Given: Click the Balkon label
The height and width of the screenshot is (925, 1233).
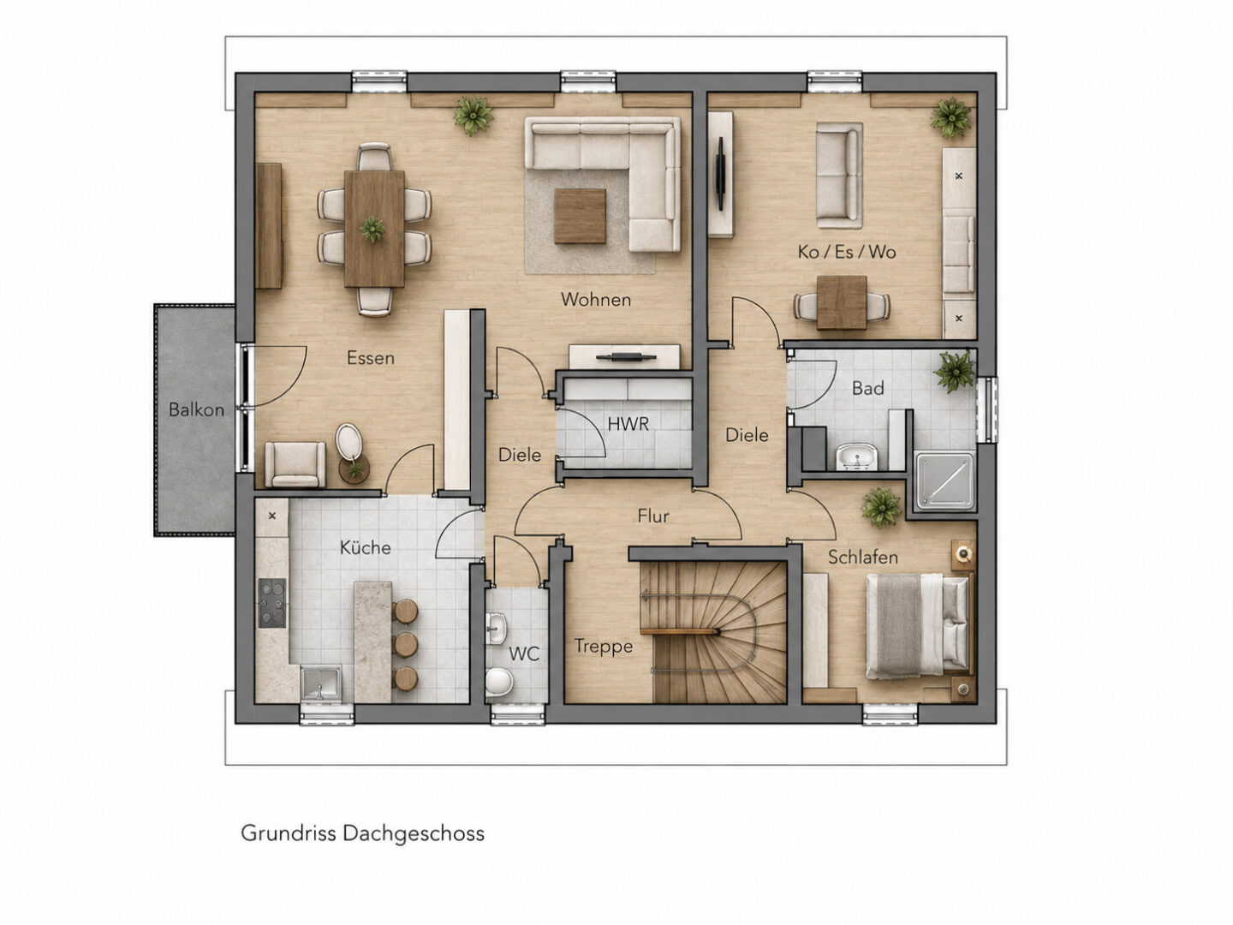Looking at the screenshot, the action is [196, 409].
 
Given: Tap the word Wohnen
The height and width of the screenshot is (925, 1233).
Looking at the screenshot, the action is [596, 300].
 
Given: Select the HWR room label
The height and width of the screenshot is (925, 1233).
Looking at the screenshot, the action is [628, 424].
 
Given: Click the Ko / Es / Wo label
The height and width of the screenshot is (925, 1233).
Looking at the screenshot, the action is [847, 252].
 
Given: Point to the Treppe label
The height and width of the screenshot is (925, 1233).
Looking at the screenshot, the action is [604, 647].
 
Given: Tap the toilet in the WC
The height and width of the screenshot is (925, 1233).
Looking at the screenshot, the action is [499, 682].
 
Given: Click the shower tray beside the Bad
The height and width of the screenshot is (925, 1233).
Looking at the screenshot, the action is [944, 481].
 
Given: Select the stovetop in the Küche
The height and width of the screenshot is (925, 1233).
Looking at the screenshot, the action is [272, 603].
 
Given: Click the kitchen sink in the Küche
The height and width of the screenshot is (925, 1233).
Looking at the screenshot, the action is [320, 683].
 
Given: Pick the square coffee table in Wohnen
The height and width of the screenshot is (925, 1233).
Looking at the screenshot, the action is [580, 216].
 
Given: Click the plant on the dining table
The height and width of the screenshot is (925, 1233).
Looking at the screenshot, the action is [372, 230].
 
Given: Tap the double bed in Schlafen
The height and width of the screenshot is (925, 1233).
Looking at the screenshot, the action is [918, 625].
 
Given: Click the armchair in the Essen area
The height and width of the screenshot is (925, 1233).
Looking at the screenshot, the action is [295, 464].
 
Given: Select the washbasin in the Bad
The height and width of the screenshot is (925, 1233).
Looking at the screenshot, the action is [856, 456].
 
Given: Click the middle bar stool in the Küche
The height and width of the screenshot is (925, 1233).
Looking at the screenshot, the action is [405, 645].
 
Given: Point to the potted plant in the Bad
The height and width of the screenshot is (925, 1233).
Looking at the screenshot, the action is [955, 371].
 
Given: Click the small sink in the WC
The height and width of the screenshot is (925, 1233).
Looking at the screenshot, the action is [497, 627].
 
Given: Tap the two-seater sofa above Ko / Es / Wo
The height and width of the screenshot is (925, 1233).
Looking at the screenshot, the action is [839, 176].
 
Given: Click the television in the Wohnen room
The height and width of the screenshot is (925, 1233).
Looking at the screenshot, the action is [626, 357].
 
